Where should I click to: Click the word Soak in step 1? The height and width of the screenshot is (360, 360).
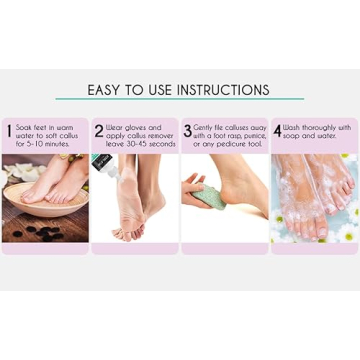tap(26, 127)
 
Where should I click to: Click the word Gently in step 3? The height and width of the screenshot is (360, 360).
tap(204, 127)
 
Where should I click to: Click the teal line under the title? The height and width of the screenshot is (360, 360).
tap(179, 100)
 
